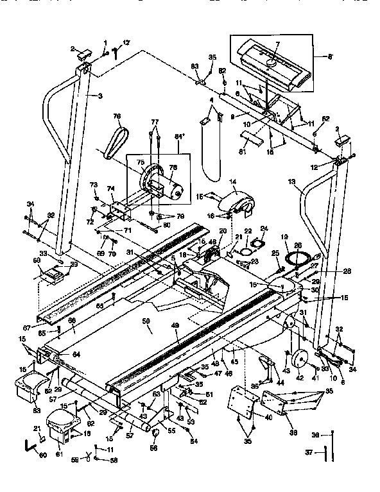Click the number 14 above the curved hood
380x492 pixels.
tap(232, 182)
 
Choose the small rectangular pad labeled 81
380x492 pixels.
tap(250, 139)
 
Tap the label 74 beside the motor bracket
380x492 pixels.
tap(111, 188)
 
